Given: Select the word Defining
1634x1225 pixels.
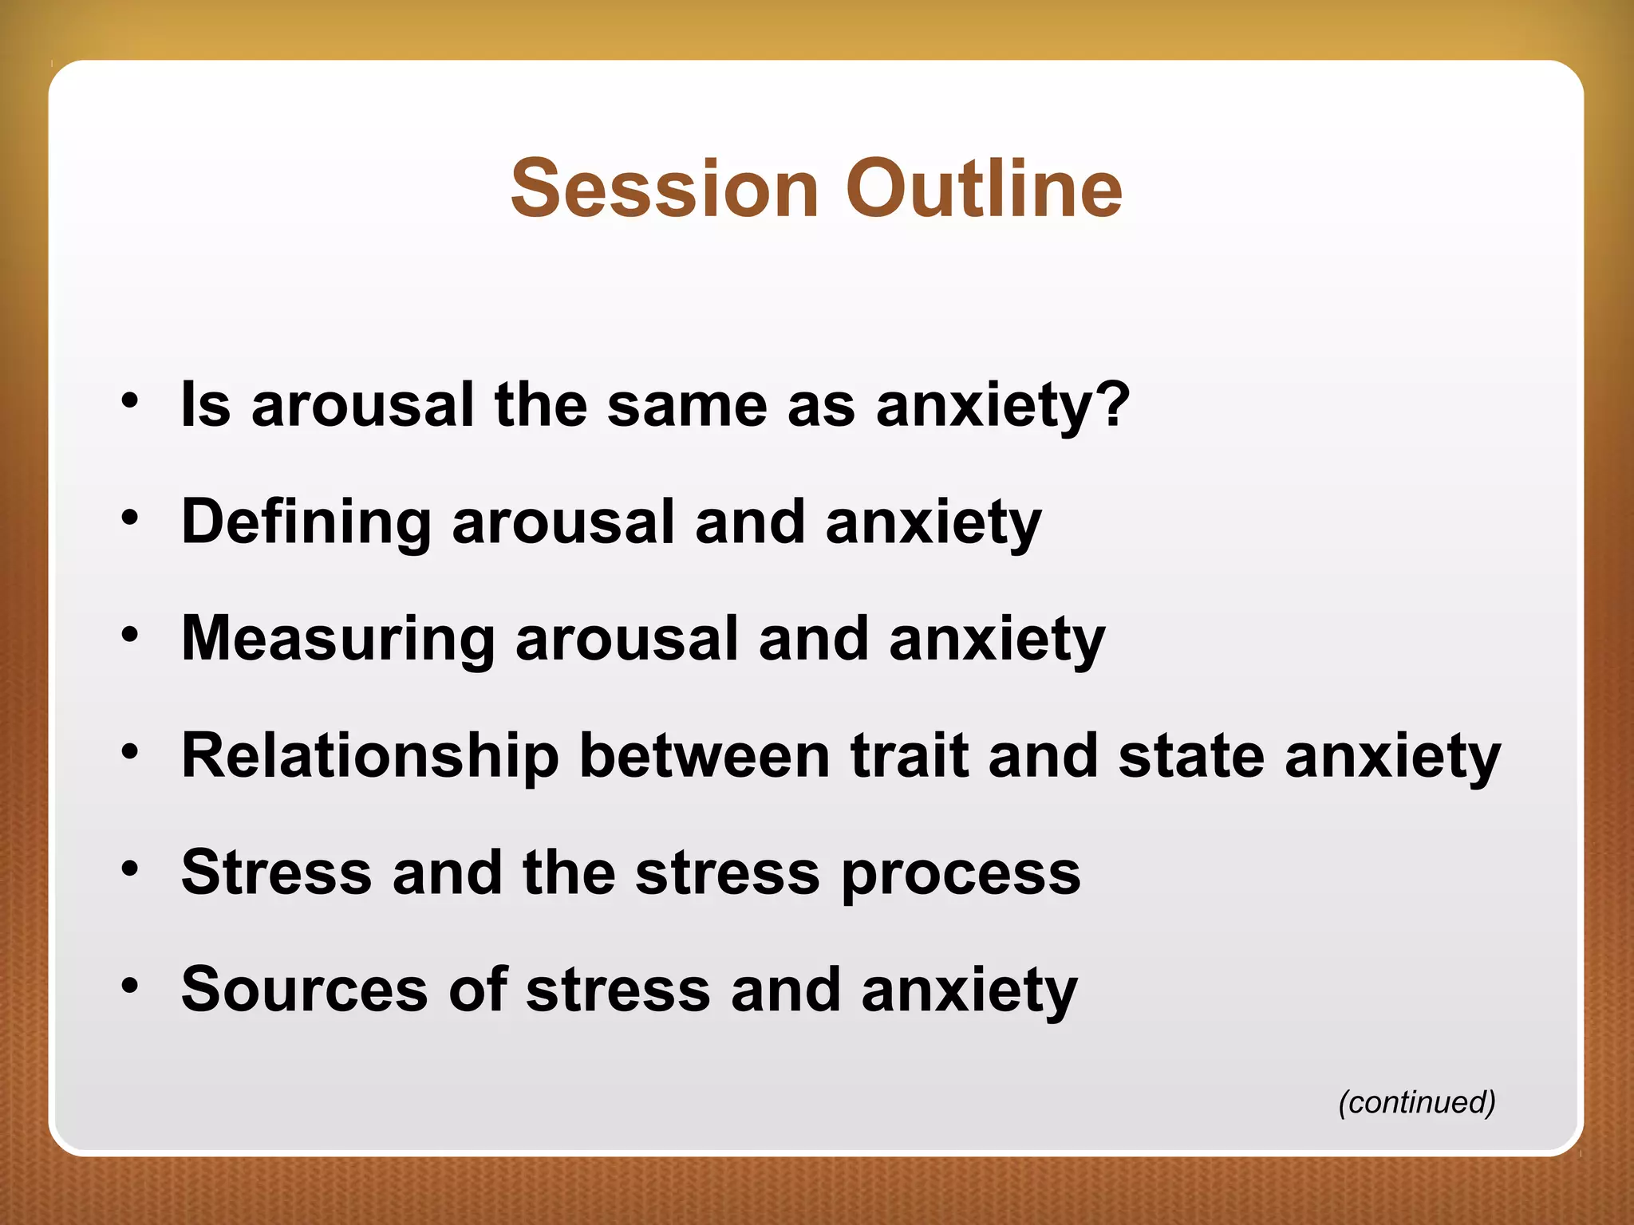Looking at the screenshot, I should [306, 522].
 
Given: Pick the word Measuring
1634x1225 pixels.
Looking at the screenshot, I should [337, 640].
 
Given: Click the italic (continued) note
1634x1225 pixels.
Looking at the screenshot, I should [1416, 1102].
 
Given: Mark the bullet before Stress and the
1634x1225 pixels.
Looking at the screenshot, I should [130, 868].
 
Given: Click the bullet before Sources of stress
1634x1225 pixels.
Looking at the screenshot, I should [130, 985].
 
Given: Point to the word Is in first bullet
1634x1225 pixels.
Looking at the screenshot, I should [206, 404].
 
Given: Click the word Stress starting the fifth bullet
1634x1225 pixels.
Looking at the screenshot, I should [276, 873].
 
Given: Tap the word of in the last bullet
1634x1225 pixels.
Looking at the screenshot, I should [477, 990].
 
